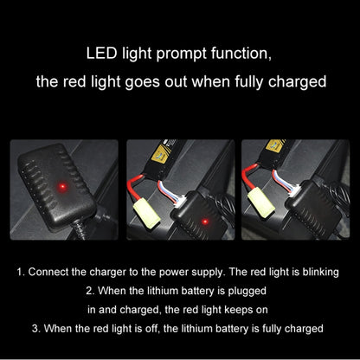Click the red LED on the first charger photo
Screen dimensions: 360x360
61,187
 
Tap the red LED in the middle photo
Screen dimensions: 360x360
205,222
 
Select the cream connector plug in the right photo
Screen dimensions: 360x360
260,202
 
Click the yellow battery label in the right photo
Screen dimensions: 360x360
275,145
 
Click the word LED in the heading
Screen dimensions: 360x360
101,54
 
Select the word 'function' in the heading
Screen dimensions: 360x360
241,55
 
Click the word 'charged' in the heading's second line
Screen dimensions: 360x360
297,82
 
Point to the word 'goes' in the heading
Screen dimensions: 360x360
142,82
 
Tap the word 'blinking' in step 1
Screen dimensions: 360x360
320,273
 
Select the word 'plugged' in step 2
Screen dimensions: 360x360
247,291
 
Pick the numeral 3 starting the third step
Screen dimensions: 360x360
35,329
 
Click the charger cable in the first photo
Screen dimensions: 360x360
80,229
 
